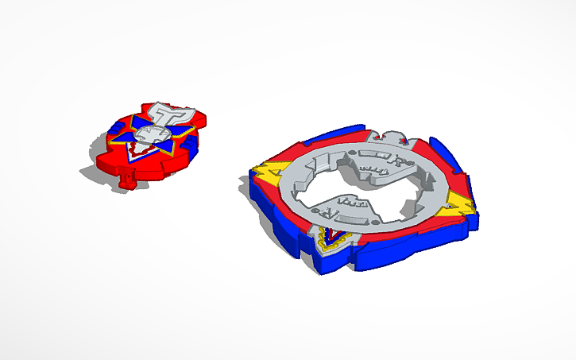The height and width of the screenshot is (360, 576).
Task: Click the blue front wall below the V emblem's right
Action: tap(381, 258)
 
